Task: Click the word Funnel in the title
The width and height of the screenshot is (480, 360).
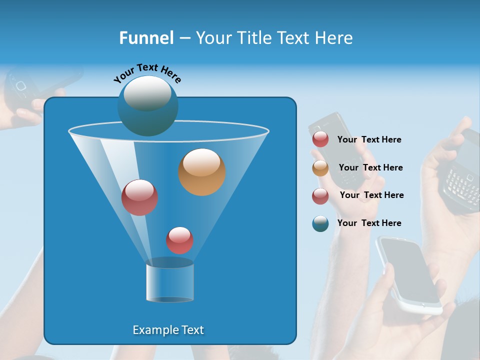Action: pyautogui.click(x=146, y=38)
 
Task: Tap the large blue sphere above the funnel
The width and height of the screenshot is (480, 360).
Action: pyautogui.click(x=147, y=106)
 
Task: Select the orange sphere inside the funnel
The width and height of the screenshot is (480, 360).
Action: pyautogui.click(x=202, y=172)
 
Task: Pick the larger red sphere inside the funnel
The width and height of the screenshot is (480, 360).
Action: pyautogui.click(x=139, y=197)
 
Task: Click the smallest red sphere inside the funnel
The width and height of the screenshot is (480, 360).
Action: pyautogui.click(x=179, y=240)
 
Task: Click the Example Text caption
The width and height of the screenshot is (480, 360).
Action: pyautogui.click(x=168, y=330)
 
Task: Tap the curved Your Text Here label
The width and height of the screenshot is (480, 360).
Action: pyautogui.click(x=147, y=72)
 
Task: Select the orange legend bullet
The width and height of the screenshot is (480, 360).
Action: pyautogui.click(x=320, y=168)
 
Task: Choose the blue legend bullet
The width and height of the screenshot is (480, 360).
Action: pyautogui.click(x=320, y=223)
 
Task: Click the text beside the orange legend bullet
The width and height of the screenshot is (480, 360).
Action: pyautogui.click(x=370, y=167)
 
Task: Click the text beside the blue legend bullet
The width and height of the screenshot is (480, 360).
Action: pyautogui.click(x=369, y=223)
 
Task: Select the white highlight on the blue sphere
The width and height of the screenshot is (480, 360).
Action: pyautogui.click(x=147, y=93)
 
